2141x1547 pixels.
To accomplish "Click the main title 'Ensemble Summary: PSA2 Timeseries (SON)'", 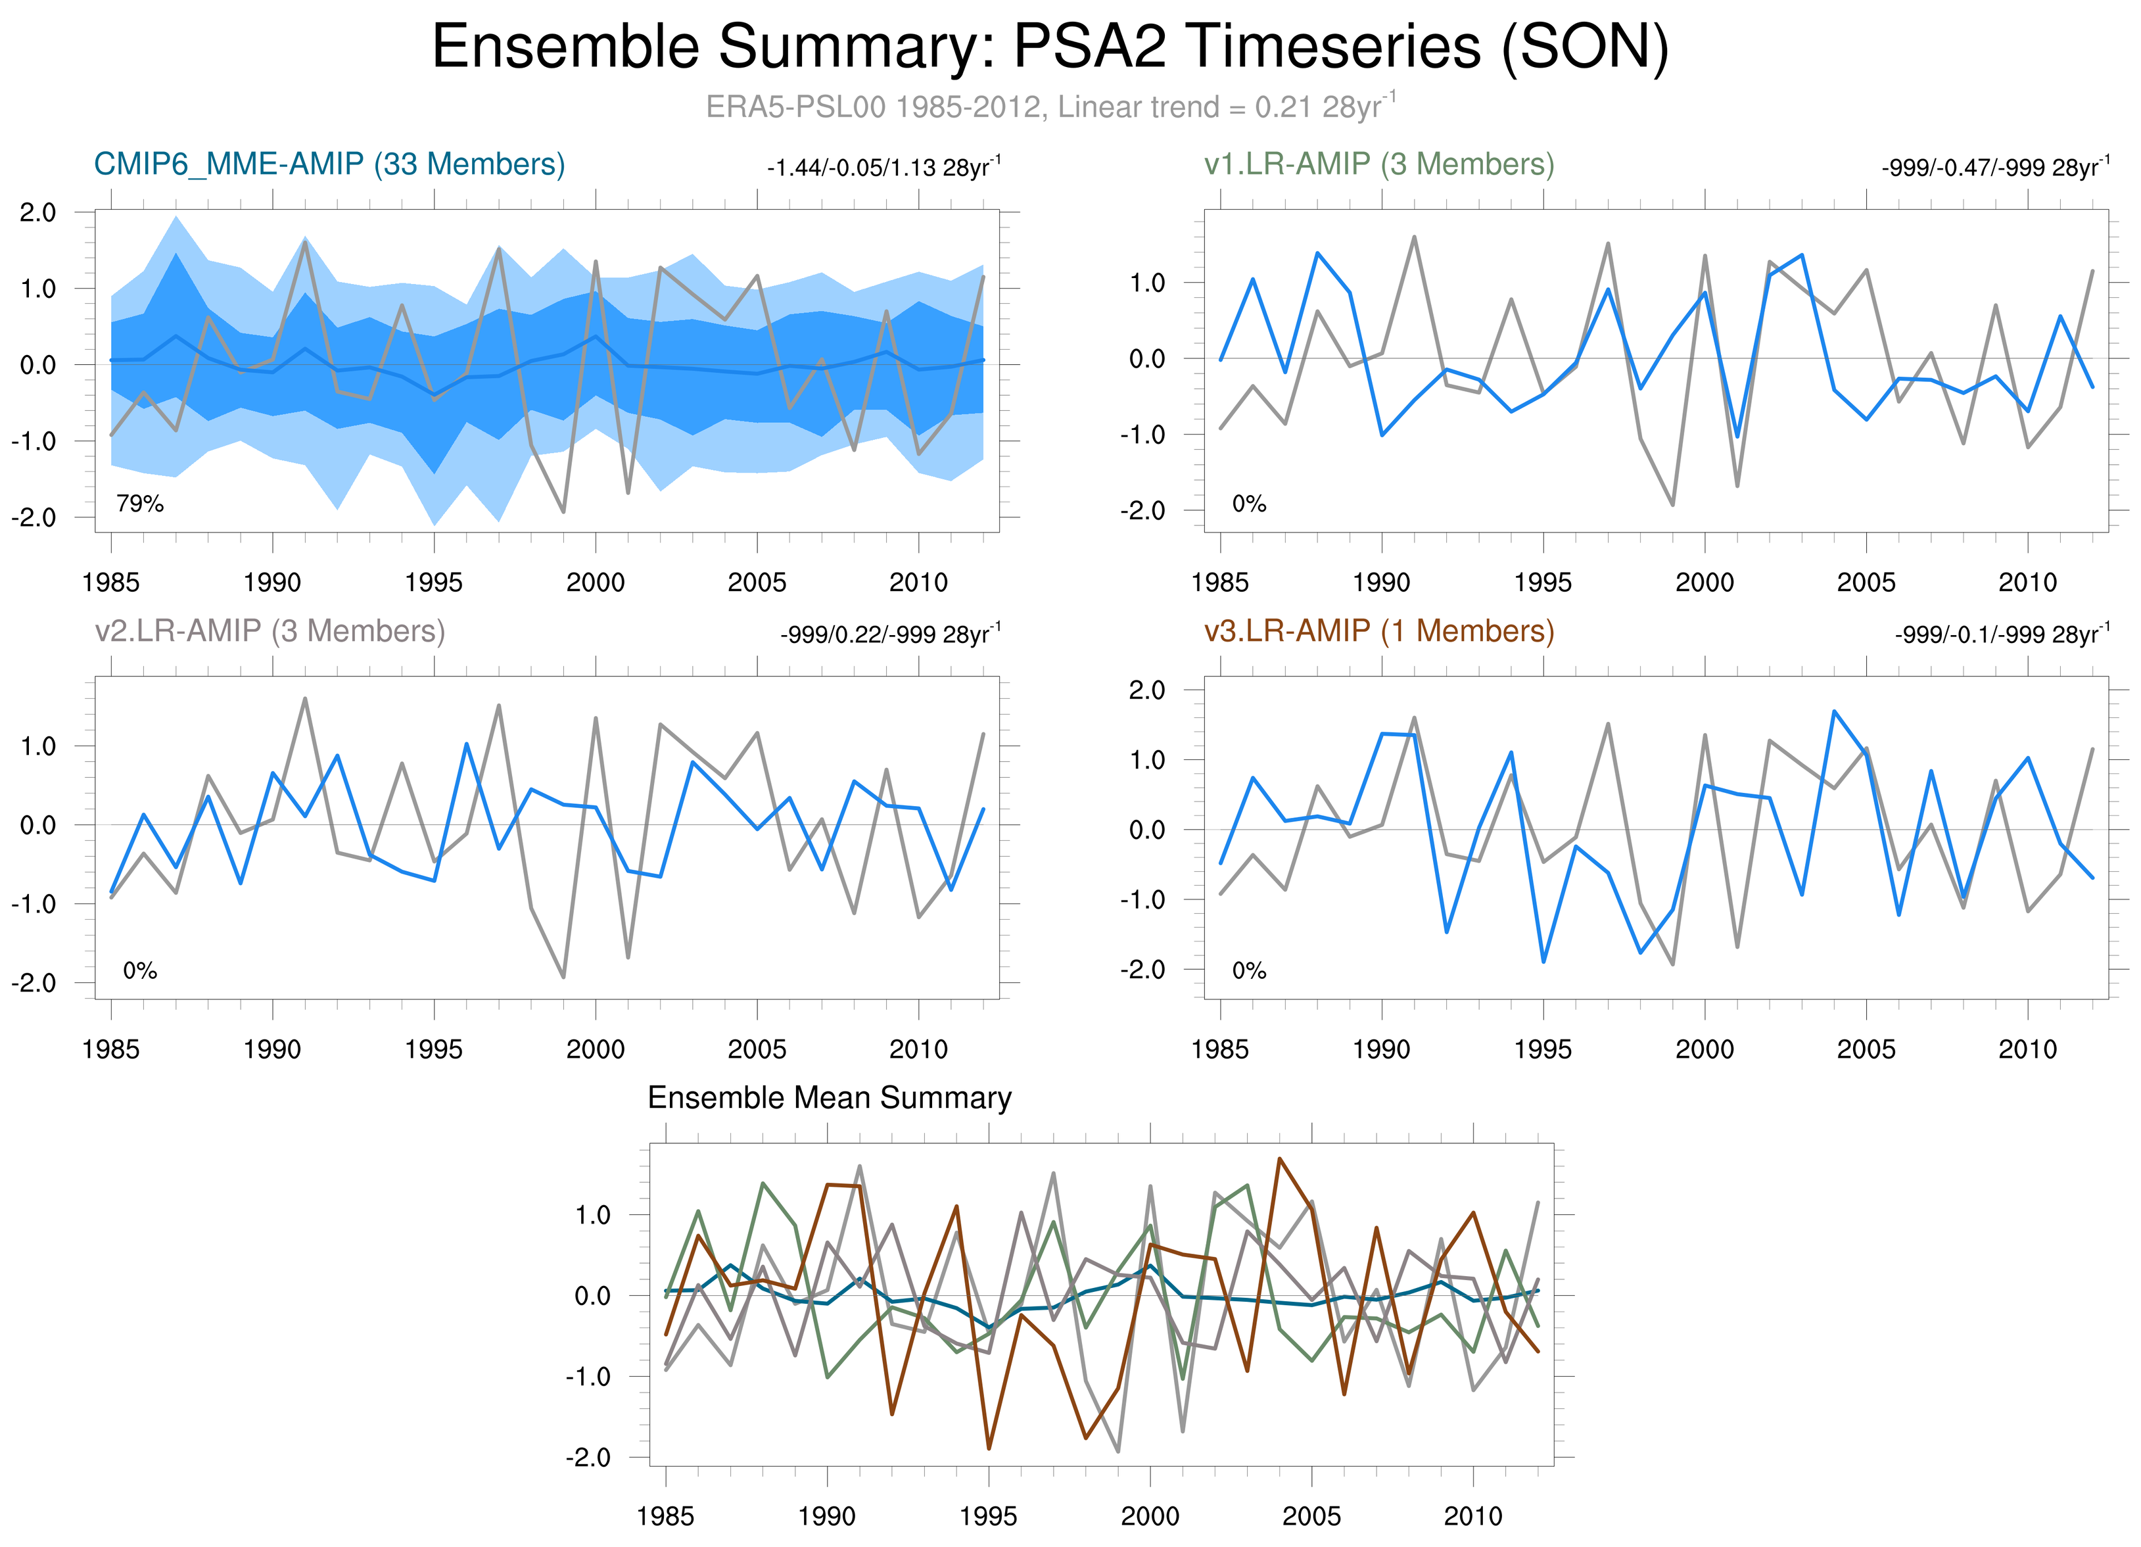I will tap(1050, 47).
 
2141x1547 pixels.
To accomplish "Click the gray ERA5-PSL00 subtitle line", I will tap(1050, 107).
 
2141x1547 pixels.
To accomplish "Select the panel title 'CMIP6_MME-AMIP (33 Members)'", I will tap(329, 164).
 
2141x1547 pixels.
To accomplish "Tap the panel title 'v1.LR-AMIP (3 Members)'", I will tap(1378, 164).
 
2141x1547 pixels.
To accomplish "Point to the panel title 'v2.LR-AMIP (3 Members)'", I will tap(270, 631).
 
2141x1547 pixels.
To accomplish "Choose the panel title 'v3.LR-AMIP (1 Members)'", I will tap(1378, 631).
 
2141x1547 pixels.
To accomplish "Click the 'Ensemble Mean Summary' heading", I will tap(829, 1098).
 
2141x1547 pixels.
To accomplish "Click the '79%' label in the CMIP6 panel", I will tap(140, 504).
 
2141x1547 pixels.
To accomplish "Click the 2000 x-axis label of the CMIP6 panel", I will tap(595, 583).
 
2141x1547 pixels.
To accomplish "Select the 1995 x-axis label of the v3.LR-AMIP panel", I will tap(1543, 1049).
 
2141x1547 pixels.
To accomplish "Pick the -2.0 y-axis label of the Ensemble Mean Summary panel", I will tap(587, 1458).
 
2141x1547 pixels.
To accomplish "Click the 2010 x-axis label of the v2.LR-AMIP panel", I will tap(918, 1049).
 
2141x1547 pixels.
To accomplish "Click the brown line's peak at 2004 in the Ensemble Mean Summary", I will tap(1279, 1159).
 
